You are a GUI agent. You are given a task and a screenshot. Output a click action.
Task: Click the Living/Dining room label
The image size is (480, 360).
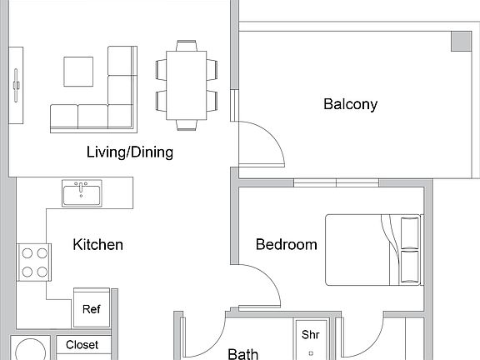click(x=130, y=152)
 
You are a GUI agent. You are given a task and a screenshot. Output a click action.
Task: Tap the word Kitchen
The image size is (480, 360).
click(x=98, y=244)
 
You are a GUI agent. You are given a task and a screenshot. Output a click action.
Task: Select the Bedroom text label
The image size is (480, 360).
click(x=286, y=244)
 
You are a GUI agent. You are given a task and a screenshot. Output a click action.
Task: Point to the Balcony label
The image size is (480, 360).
click(x=350, y=104)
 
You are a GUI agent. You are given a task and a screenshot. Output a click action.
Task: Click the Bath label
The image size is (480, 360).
click(x=243, y=354)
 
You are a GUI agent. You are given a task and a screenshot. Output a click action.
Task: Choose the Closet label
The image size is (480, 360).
click(x=82, y=345)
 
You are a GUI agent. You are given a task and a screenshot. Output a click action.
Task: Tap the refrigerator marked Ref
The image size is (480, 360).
click(x=91, y=309)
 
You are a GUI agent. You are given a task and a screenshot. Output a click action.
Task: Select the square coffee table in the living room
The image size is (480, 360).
click(x=79, y=71)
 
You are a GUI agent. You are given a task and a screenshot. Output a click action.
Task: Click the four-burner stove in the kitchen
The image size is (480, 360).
click(x=34, y=261)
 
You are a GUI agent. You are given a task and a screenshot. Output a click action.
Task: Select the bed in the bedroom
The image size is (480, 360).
click(x=372, y=248)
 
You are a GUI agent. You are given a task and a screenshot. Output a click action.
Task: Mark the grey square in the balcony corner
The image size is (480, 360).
click(x=460, y=41)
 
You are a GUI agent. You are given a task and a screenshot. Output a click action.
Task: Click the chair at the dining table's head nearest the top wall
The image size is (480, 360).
click(x=187, y=43)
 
